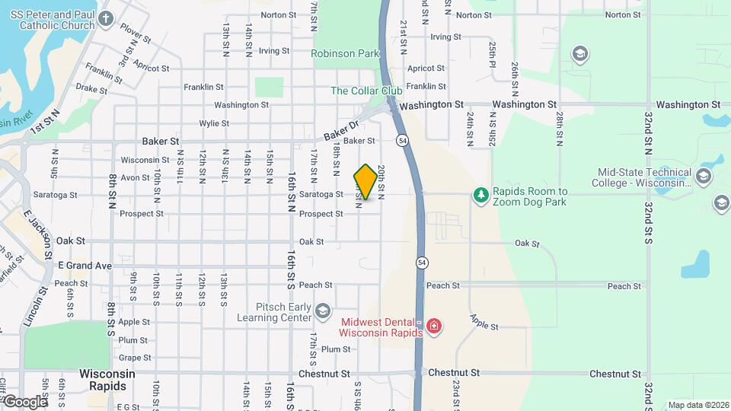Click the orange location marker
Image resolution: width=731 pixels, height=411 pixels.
(365, 182)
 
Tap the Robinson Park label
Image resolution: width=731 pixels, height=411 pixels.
(345, 54)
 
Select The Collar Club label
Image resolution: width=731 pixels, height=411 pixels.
(366, 91)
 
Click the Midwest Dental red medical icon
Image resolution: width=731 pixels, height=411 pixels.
(435, 327)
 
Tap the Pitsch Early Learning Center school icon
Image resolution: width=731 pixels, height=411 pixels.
(324, 311)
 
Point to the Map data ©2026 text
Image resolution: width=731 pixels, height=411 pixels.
(697, 405)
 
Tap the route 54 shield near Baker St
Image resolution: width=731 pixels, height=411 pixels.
(401, 141)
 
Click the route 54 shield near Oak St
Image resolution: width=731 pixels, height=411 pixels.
(421, 262)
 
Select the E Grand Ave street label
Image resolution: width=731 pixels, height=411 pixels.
(85, 266)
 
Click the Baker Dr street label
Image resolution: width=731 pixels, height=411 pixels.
(340, 131)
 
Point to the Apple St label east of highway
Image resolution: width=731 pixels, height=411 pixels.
(484, 322)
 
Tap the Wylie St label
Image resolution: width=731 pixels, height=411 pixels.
(214, 123)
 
